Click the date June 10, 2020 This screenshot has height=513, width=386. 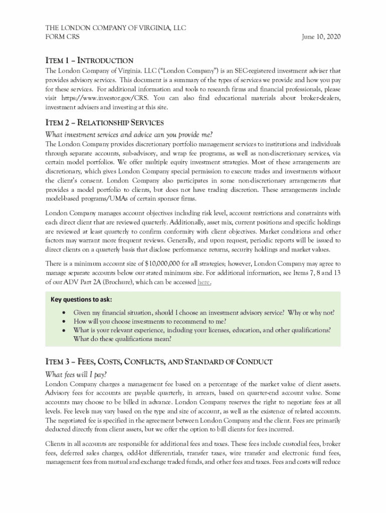coord(321,37)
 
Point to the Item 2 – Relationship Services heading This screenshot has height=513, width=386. coord(105,123)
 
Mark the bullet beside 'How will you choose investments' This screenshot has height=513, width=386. coord(63,322)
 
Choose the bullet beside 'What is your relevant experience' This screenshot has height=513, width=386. coord(63,330)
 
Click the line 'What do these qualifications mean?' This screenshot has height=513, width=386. coord(122,339)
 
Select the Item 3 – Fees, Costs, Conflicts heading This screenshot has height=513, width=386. coord(159,362)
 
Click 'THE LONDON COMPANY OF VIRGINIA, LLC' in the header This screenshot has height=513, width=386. coord(116,28)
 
